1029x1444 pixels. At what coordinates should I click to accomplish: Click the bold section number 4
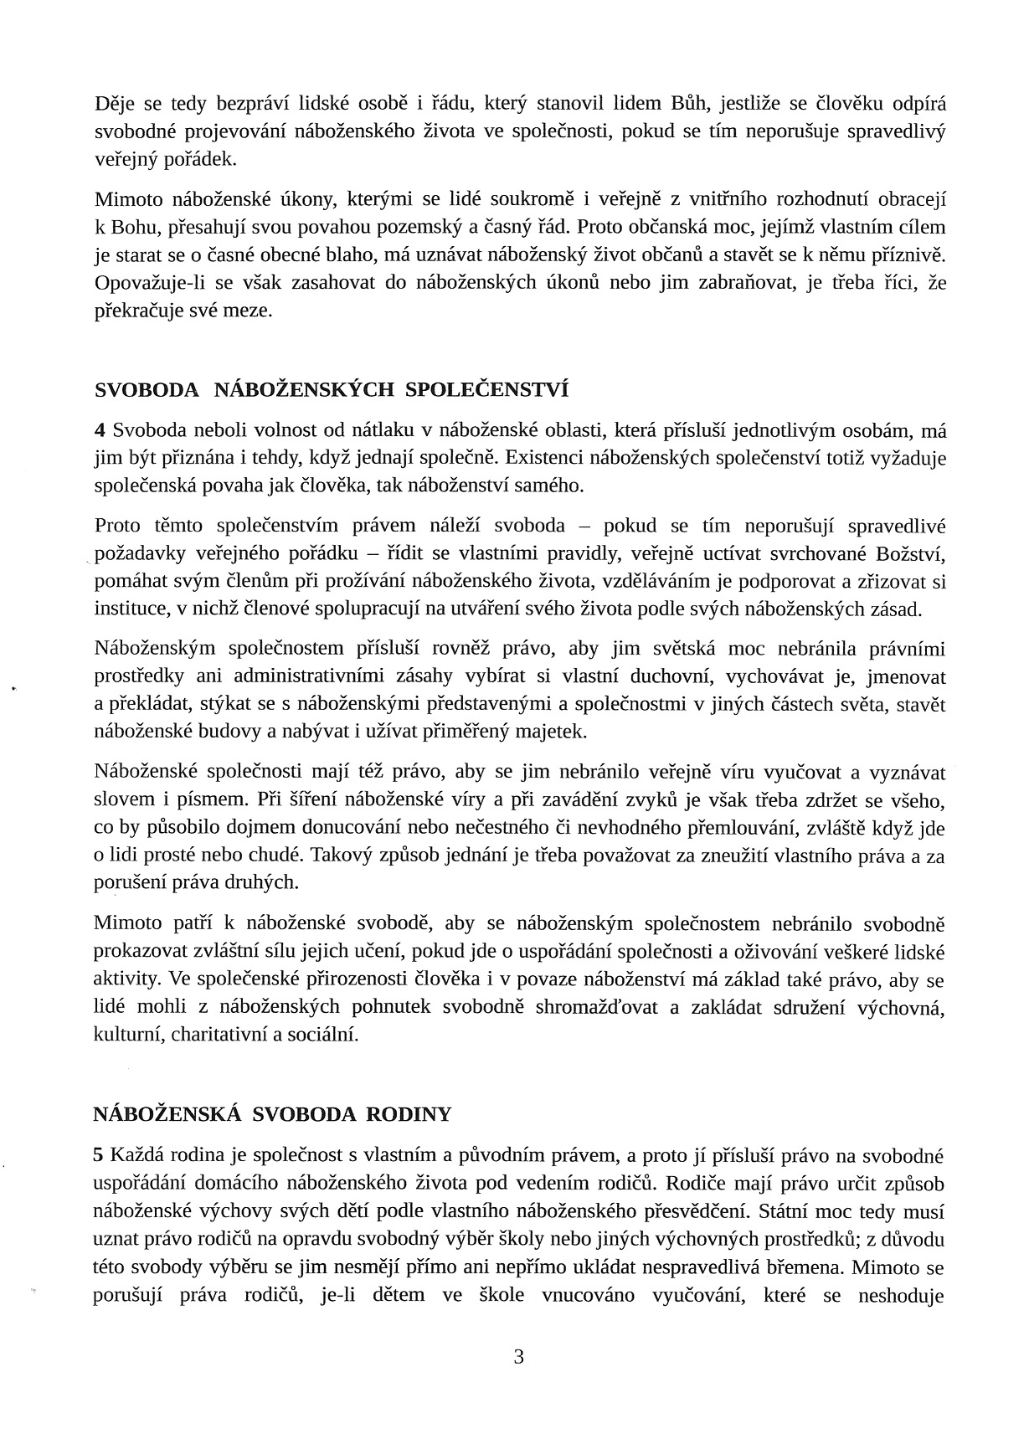pos(100,430)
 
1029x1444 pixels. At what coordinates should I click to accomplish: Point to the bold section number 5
pos(100,1156)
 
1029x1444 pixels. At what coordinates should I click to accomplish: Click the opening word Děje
pos(115,104)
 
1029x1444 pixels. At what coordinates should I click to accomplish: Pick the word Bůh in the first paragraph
pos(689,104)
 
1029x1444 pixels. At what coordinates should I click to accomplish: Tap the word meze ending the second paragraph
pos(248,311)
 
